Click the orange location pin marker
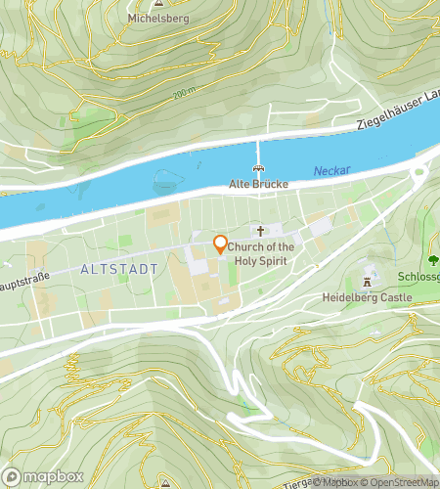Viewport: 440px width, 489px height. click(220, 244)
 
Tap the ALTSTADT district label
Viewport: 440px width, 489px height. click(119, 267)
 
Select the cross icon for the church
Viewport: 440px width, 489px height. click(260, 232)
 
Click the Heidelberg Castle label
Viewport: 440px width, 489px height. click(368, 295)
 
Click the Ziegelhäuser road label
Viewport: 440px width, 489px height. click(396, 123)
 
